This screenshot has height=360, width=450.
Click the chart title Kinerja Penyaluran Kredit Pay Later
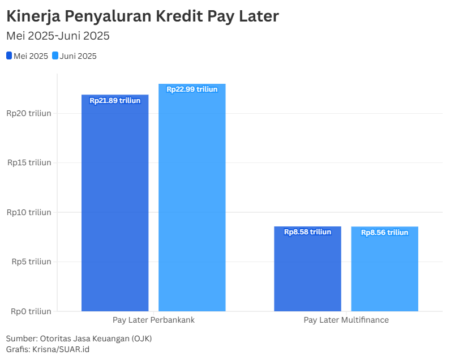pyautogui.click(x=142, y=16)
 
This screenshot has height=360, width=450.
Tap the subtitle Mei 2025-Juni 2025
pyautogui.click(x=58, y=36)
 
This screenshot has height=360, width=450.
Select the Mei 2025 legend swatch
pyautogui.click(x=9, y=56)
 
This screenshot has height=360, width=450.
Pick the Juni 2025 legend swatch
pyautogui.click(x=55, y=56)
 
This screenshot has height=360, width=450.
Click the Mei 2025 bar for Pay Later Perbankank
pyautogui.click(x=115, y=204)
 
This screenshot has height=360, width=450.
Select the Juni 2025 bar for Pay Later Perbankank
pyautogui.click(x=192, y=198)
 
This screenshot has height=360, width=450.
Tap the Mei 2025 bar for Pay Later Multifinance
pyautogui.click(x=307, y=269)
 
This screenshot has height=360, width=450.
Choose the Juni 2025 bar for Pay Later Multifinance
pyautogui.click(x=384, y=269)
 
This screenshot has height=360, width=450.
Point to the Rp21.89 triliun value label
pyautogui.click(x=115, y=101)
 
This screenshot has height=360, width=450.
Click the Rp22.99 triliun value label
pyautogui.click(x=192, y=89)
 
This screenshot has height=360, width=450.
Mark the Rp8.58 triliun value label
pyautogui.click(x=307, y=232)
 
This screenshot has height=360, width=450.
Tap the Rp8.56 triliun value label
pyautogui.click(x=384, y=233)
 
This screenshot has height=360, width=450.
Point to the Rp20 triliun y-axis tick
pyautogui.click(x=29, y=113)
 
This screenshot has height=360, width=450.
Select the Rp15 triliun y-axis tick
pyautogui.click(x=29, y=162)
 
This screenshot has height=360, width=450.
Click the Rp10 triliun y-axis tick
pyautogui.click(x=29, y=212)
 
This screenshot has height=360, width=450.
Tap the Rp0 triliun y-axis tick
pyautogui.click(x=31, y=311)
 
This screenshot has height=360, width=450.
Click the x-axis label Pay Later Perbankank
pyautogui.click(x=153, y=320)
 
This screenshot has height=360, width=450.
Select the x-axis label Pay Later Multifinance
pyautogui.click(x=346, y=320)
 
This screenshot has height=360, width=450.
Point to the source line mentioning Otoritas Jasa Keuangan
pyautogui.click(x=79, y=338)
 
